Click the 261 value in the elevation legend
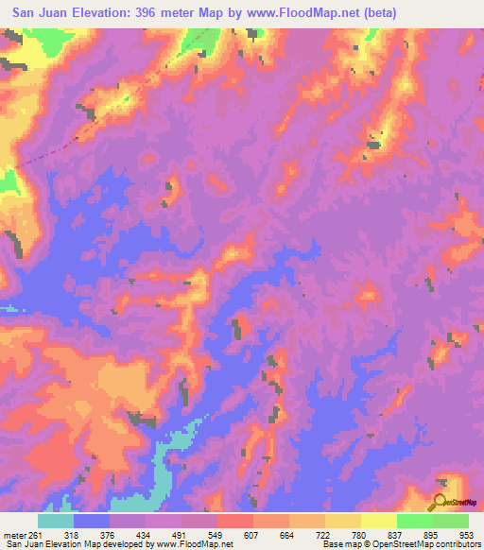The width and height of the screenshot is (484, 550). pos(34,535)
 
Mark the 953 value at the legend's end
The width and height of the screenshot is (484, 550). pos(468,535)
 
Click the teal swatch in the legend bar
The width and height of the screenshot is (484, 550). pos(56,521)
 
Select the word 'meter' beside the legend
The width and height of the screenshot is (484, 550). pos(13,535)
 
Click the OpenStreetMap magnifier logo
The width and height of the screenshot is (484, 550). pos(441,501)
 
